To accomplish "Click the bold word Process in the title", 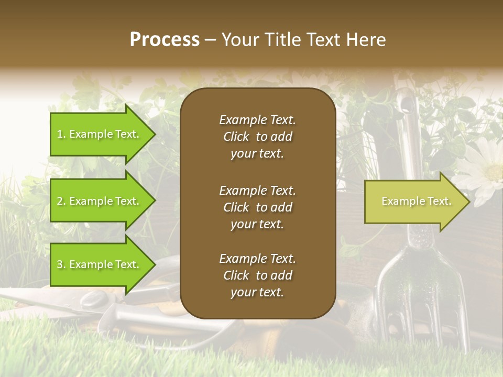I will tap(165, 40).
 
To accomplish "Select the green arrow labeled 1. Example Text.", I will tap(100, 134).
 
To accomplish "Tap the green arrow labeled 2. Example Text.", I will tap(100, 201).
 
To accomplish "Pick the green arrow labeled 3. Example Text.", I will tap(100, 264).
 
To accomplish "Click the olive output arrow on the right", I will tap(414, 201).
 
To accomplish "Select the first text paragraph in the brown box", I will tap(257, 137).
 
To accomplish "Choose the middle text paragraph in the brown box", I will tap(257, 207).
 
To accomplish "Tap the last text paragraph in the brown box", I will tap(257, 275).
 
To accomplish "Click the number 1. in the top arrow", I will tap(61, 134).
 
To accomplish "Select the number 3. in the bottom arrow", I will tap(61, 264).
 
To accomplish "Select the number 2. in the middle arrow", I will tap(61, 201).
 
